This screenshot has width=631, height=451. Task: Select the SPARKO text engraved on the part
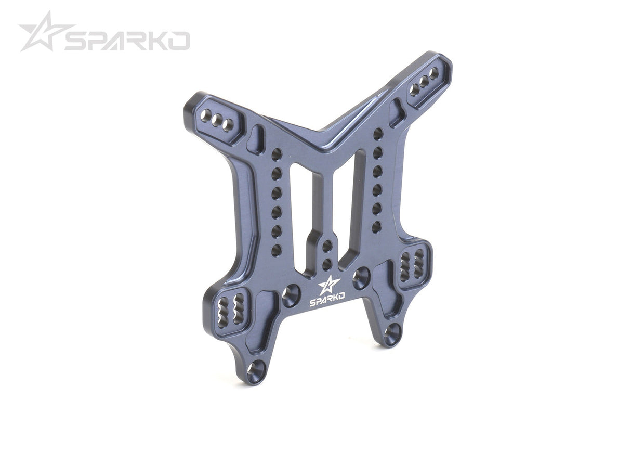pyautogui.click(x=327, y=301)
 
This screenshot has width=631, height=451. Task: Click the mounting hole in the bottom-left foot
pyautogui.click(x=255, y=370)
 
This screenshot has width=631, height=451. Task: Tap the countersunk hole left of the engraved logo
pyautogui.click(x=291, y=295)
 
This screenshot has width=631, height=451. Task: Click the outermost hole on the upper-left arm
pyautogui.click(x=206, y=115)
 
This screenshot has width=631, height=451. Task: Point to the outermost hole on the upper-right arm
pyautogui.click(x=434, y=73)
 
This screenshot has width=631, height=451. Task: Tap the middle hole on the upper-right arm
pyautogui.click(x=424, y=82)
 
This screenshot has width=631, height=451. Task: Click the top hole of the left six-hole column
pyautogui.click(x=277, y=154)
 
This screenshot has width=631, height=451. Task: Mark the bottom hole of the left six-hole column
pyautogui.click(x=276, y=251)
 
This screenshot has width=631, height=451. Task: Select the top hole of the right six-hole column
pyautogui.click(x=378, y=134)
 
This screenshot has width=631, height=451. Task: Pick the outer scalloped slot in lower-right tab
pyautogui.click(x=419, y=263)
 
